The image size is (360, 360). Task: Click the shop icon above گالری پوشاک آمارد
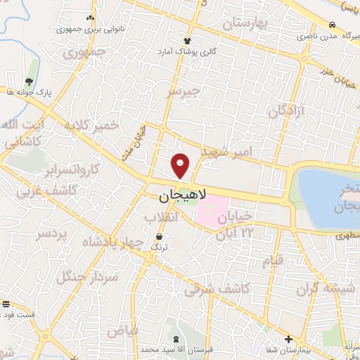click(187, 41)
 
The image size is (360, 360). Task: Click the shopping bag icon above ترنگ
click(160, 236)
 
